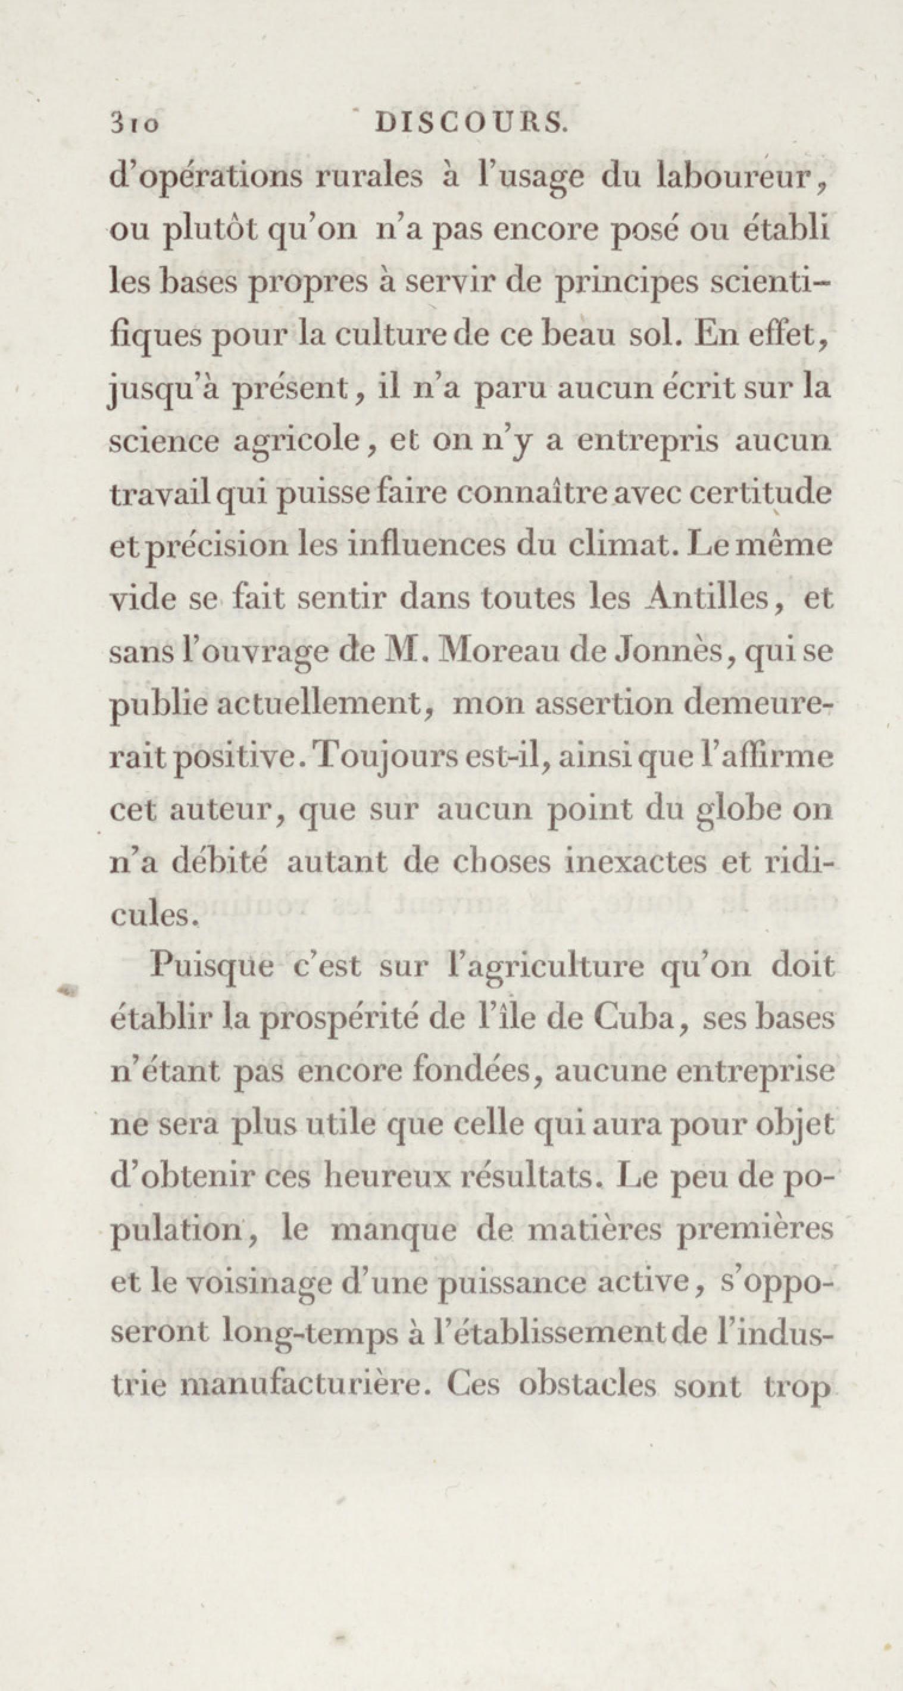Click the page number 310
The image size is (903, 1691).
[135, 123]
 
